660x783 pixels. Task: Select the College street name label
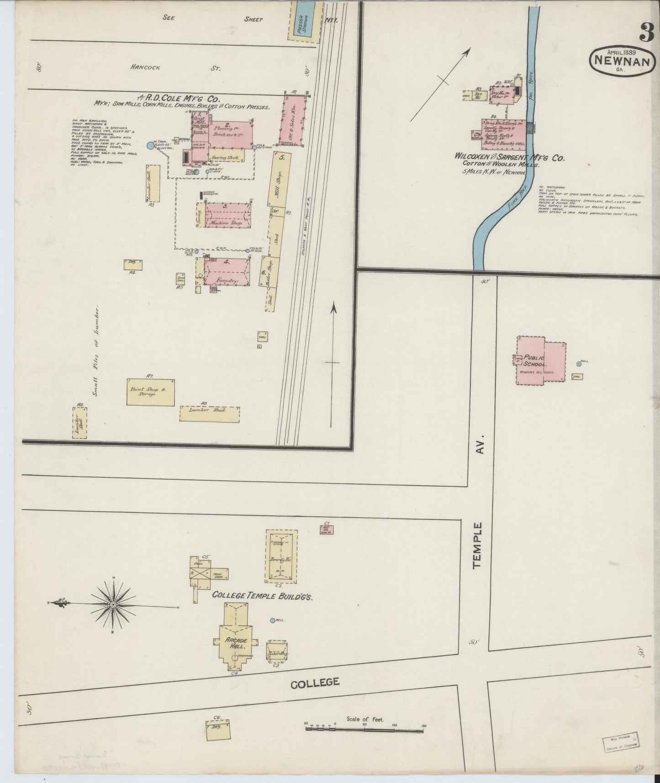[315, 682]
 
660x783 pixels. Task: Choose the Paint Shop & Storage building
[151, 391]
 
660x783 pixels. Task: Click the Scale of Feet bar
[364, 730]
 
